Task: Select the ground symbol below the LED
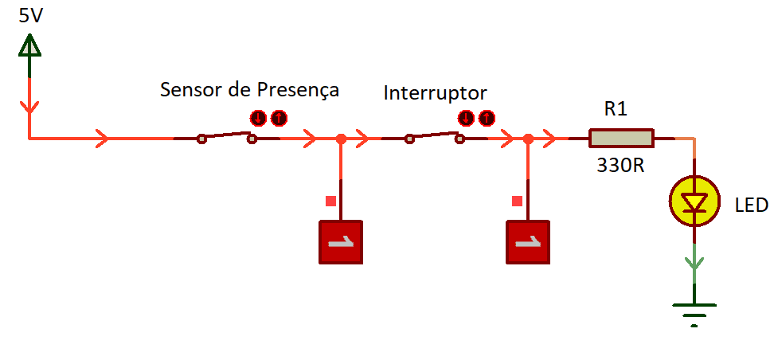[694, 311]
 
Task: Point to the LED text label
[751, 206]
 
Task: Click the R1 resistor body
[621, 139]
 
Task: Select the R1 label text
[616, 109]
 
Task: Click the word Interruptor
[435, 92]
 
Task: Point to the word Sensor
[191, 89]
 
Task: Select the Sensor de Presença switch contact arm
[227, 136]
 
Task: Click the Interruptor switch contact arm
[435, 136]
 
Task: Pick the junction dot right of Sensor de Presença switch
[341, 139]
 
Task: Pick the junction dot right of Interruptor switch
[527, 139]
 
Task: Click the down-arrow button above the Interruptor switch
[467, 119]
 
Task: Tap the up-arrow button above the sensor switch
[278, 119]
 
